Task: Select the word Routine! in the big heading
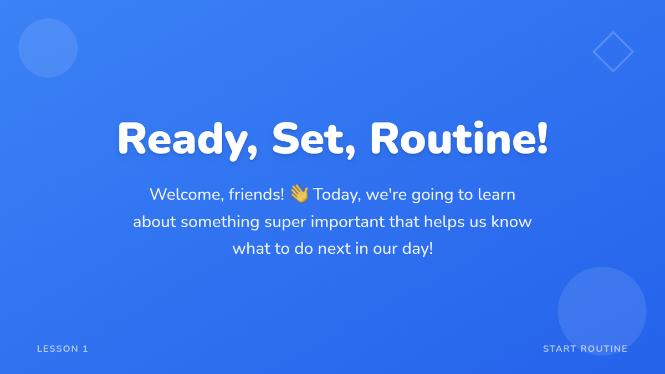[x=459, y=138]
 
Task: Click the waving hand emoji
[x=299, y=193]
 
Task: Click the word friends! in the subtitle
[x=256, y=194]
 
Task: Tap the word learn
[x=497, y=194]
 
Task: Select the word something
[x=220, y=223]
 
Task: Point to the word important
[x=347, y=223]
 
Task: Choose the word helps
[x=444, y=223]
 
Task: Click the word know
[x=511, y=222]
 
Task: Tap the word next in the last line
[x=334, y=249]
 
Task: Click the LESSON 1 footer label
[x=62, y=349]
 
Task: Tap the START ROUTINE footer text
[x=585, y=349]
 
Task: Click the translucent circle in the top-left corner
[x=48, y=48]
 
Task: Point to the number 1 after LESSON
[x=85, y=349]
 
